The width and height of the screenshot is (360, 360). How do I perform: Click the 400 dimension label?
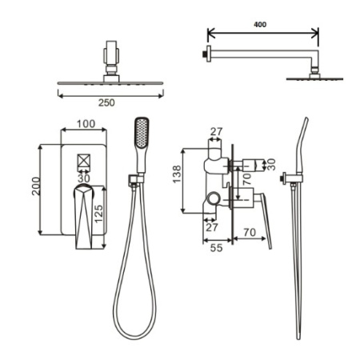pyautogui.click(x=260, y=25)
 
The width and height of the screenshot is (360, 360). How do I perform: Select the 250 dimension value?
pyautogui.click(x=106, y=102)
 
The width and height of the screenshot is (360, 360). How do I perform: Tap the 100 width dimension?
pyautogui.click(x=86, y=124)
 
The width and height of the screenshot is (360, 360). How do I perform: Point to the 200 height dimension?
pyautogui.click(x=36, y=186)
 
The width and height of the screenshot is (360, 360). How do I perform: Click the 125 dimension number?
pyautogui.click(x=98, y=214)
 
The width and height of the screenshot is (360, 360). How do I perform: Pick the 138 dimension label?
pyautogui.click(x=177, y=174)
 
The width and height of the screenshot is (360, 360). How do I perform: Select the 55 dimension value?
pyautogui.click(x=216, y=248)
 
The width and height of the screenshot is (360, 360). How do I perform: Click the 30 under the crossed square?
pyautogui.click(x=84, y=178)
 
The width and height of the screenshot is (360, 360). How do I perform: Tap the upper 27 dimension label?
pyautogui.click(x=216, y=131)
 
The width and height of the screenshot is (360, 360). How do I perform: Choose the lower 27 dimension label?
pyautogui.click(x=212, y=227)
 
